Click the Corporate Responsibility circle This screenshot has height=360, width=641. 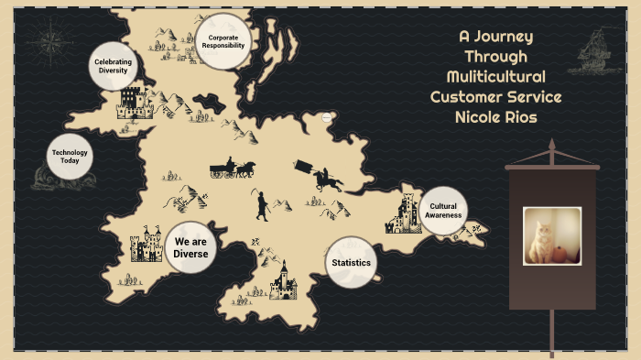tap(223, 41)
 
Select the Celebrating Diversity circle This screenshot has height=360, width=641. tap(114, 66)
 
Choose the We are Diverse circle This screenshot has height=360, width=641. tap(191, 247)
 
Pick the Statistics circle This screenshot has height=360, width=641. tap(352, 263)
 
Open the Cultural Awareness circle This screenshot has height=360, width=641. tap(443, 211)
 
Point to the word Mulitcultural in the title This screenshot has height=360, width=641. tap(495, 76)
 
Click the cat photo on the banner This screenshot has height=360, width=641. tap(551, 235)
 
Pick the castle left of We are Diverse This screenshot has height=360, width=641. tap(144, 245)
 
